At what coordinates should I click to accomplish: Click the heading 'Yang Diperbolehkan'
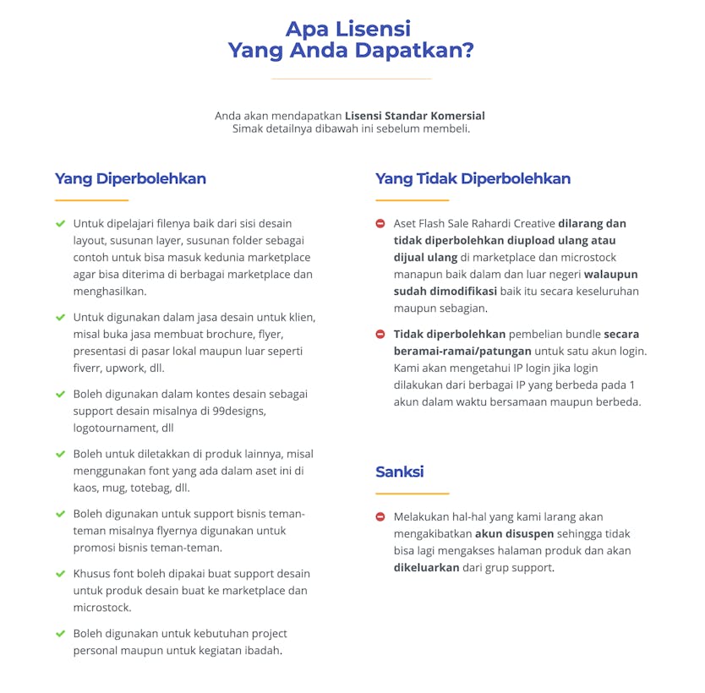coord(130,178)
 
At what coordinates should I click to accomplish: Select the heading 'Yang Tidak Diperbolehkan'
coord(473,178)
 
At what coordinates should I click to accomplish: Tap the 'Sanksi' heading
coord(399,472)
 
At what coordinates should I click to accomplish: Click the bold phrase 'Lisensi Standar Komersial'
coord(414,115)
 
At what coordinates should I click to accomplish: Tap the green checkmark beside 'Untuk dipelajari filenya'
coord(60,224)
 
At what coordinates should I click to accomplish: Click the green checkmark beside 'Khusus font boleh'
coord(60,574)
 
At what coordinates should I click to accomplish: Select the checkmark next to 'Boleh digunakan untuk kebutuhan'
coord(60,633)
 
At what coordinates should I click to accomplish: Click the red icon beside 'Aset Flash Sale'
coord(380,224)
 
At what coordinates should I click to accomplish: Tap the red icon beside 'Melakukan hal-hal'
coord(380,516)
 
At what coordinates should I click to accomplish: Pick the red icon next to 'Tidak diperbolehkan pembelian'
coord(380,334)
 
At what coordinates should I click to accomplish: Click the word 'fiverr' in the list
coord(89,368)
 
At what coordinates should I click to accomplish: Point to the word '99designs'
coord(239,411)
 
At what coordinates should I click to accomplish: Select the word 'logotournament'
coord(112,428)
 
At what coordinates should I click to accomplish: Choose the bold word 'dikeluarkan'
coord(426,567)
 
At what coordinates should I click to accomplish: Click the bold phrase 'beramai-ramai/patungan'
coord(462,351)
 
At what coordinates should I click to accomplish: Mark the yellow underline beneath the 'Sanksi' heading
coord(412,493)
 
